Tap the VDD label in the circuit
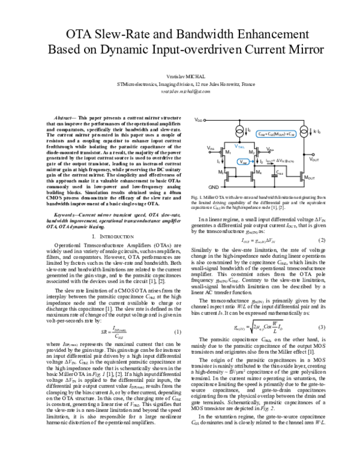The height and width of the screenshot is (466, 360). click(199, 121)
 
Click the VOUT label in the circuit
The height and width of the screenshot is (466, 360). click(314, 159)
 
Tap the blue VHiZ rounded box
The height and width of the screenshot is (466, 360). click(241, 162)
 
